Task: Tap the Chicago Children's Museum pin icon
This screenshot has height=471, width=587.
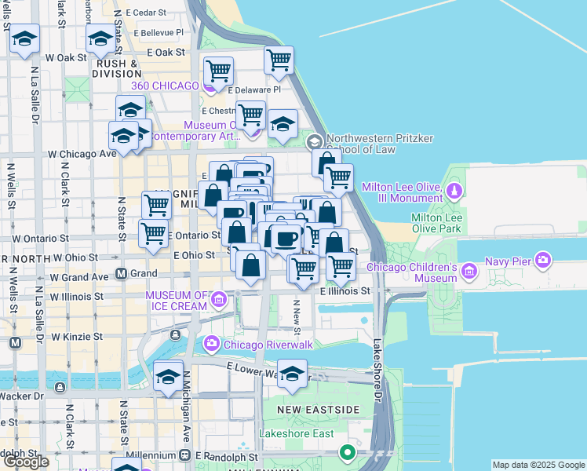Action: (x=470, y=272)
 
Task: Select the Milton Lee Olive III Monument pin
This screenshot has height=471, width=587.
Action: (x=454, y=191)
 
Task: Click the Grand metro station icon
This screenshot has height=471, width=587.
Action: (x=122, y=274)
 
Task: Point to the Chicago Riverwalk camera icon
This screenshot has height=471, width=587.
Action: (x=211, y=343)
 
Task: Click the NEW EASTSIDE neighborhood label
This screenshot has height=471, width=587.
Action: (x=319, y=410)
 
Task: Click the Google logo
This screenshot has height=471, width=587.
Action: (x=26, y=462)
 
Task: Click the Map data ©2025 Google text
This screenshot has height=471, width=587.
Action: (x=538, y=465)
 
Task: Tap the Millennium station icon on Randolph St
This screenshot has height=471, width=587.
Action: (x=185, y=455)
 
